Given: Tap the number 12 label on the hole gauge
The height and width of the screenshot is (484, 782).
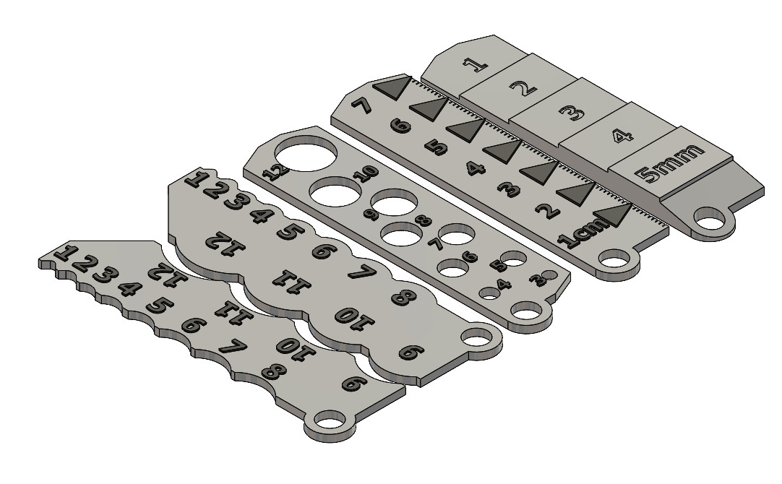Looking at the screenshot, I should (x=275, y=170).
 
